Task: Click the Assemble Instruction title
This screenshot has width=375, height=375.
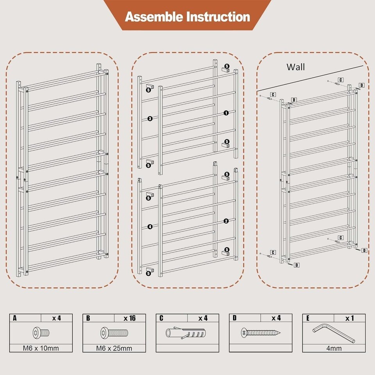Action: click(x=187, y=17)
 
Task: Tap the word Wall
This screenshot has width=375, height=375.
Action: click(x=296, y=67)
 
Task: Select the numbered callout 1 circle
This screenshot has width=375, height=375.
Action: click(x=226, y=113)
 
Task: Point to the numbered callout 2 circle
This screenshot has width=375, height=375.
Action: click(x=226, y=221)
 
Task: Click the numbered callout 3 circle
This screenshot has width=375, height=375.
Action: click(x=150, y=118)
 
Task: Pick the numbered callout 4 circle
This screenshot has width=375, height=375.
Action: click(x=150, y=227)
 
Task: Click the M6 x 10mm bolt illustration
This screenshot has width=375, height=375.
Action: click(x=41, y=333)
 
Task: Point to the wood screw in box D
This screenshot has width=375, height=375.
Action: click(x=261, y=333)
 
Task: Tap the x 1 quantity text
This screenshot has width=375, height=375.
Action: click(x=350, y=318)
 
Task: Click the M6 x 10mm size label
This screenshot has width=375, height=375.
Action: click(x=41, y=348)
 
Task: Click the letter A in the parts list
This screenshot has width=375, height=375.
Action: click(x=14, y=318)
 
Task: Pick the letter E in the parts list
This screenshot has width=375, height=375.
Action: click(x=308, y=318)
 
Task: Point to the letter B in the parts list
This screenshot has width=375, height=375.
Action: click(x=88, y=318)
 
